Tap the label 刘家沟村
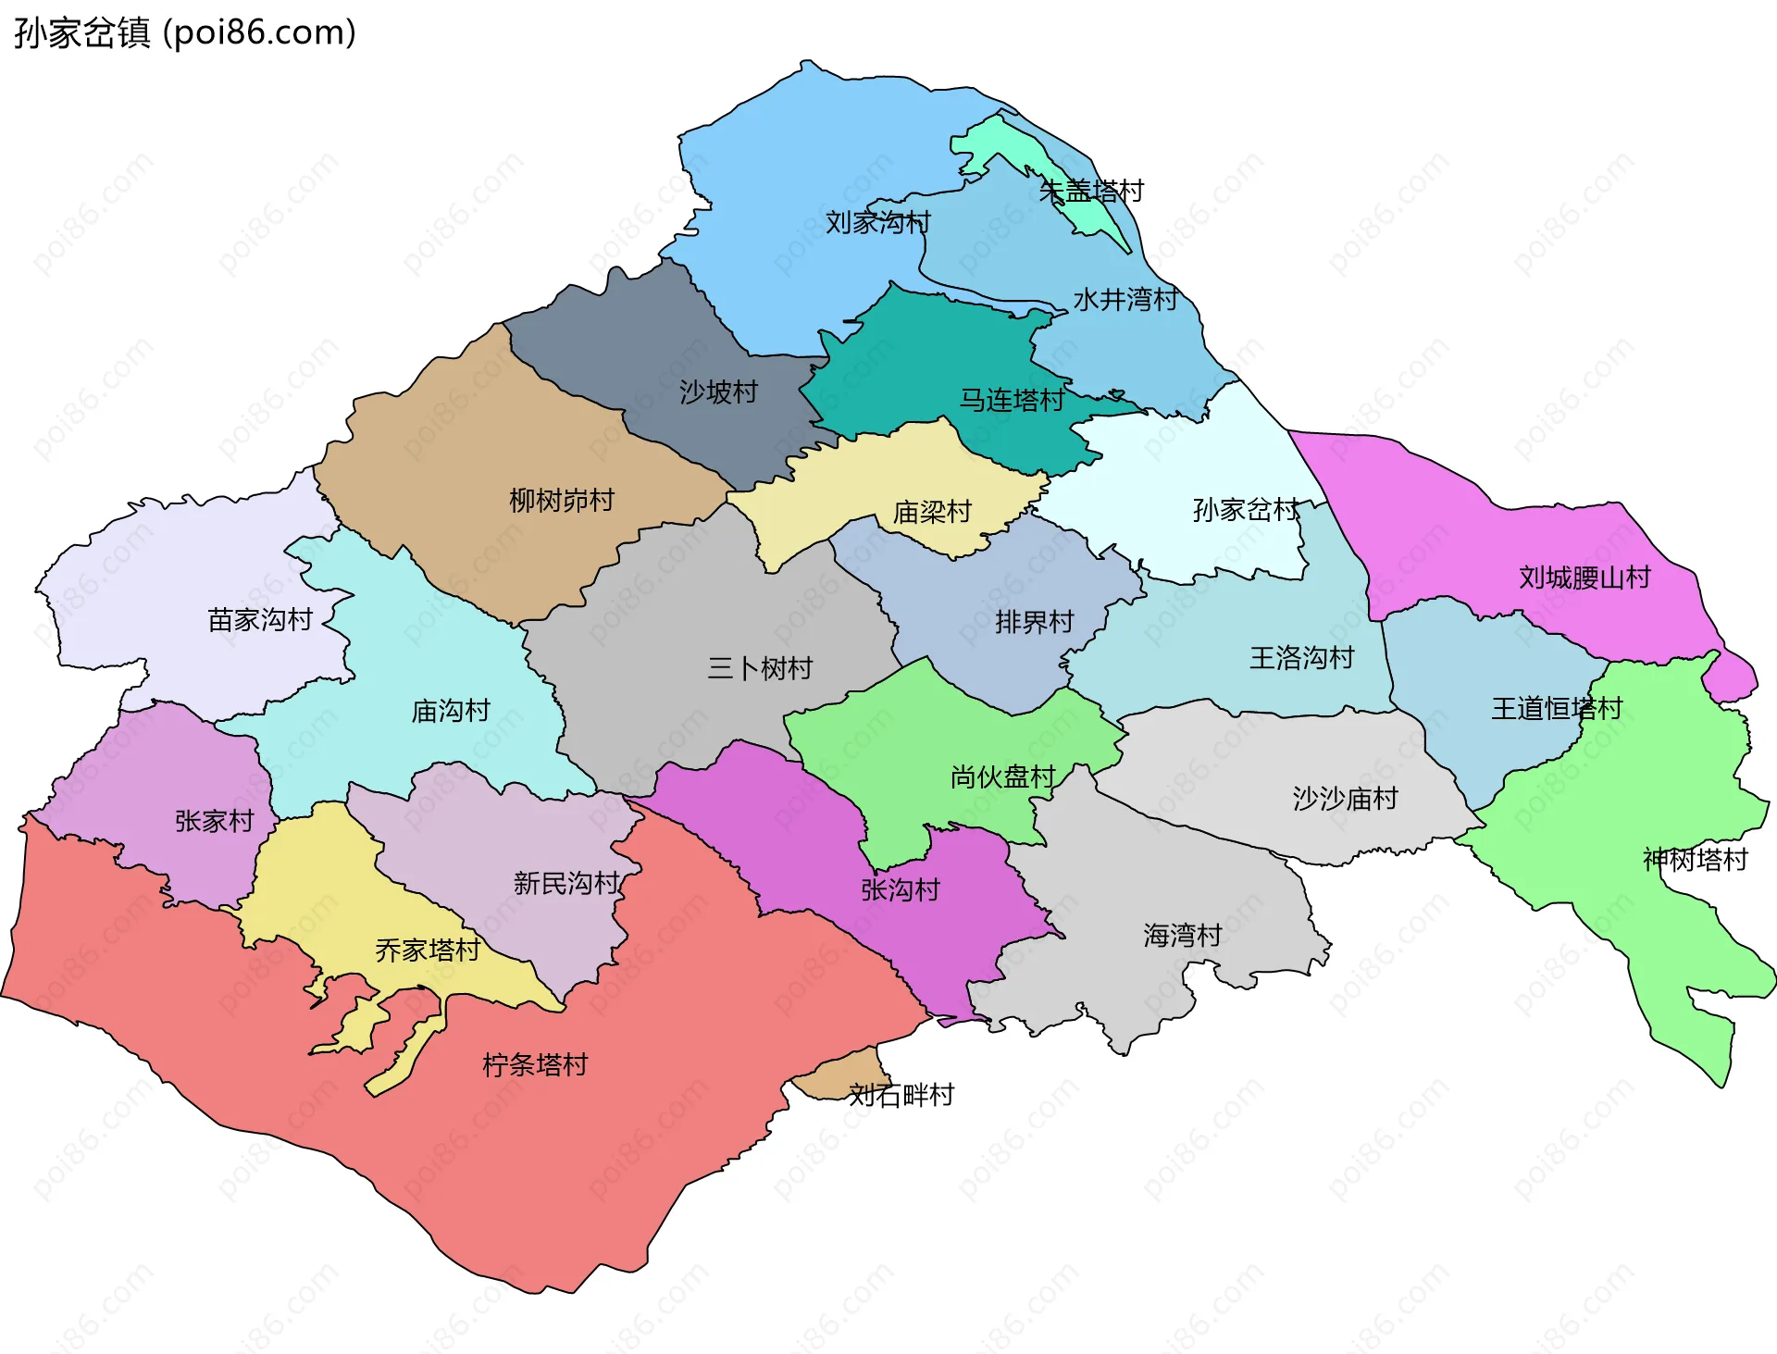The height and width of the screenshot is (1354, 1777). (x=877, y=222)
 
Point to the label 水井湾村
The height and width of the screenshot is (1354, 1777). (x=1125, y=299)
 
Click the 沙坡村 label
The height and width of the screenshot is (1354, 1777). (x=718, y=392)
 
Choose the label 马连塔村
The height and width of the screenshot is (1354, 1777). (x=1012, y=400)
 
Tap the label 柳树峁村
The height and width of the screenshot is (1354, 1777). (x=562, y=501)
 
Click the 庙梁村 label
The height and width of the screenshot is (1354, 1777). (x=931, y=512)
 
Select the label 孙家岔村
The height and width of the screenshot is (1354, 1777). (x=1245, y=509)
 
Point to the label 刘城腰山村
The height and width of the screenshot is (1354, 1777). (x=1584, y=578)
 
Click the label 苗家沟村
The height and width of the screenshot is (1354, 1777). (x=260, y=619)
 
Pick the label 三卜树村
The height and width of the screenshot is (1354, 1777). (x=759, y=667)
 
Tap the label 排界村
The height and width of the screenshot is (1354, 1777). (x=1034, y=622)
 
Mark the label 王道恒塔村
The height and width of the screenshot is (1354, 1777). (x=1556, y=709)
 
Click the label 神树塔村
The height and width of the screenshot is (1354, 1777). (x=1694, y=860)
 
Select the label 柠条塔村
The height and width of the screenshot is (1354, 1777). (x=535, y=1065)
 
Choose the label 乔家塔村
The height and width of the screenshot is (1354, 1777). (x=427, y=950)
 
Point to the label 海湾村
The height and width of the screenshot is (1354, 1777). (x=1182, y=935)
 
